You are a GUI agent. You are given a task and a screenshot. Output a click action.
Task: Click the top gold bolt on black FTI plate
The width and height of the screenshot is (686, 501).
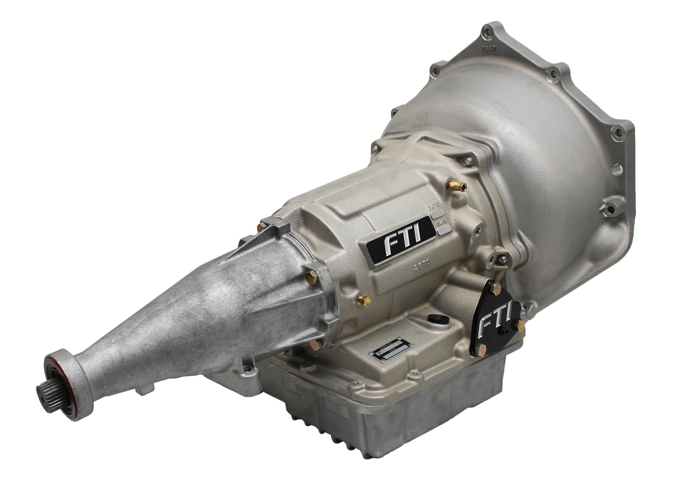click(496, 290)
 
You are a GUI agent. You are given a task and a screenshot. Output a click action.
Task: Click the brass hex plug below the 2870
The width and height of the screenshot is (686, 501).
click(364, 302)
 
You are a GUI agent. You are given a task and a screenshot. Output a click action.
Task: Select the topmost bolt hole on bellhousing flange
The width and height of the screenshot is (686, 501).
click(485, 30)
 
